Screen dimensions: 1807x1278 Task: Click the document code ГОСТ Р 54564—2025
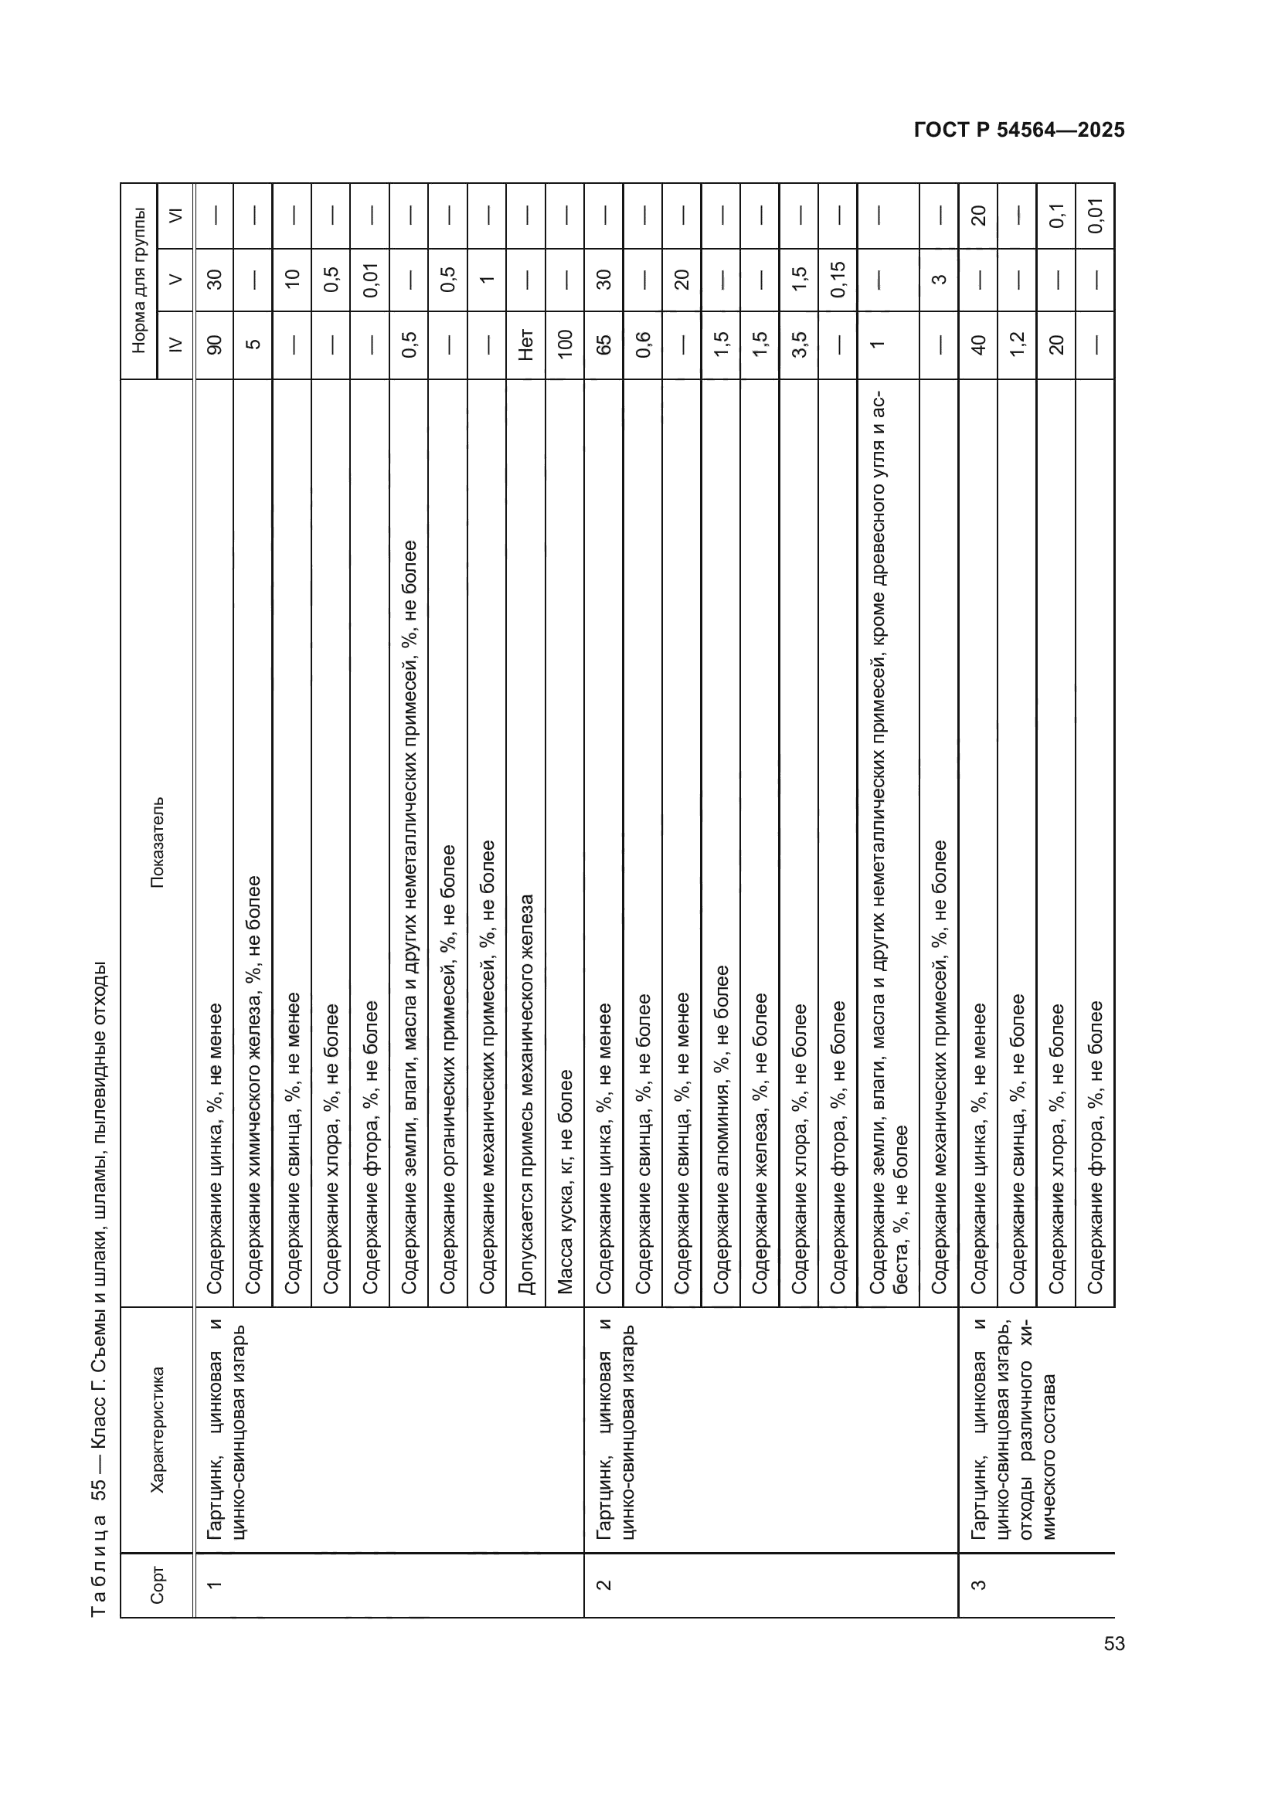(x=1019, y=131)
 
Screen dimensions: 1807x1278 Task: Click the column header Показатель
(x=158, y=842)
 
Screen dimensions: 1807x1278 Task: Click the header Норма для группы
(x=139, y=280)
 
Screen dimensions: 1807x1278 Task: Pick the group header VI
(x=175, y=215)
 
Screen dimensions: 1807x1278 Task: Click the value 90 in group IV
(x=214, y=345)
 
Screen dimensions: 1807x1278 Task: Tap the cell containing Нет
(x=525, y=345)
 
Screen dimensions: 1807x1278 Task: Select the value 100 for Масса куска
(x=565, y=345)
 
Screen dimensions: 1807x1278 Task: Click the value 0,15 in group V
(x=838, y=279)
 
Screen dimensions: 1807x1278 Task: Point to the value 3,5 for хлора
(x=799, y=345)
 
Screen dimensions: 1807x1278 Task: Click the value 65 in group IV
(x=603, y=345)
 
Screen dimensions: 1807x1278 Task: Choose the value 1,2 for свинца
(x=1017, y=345)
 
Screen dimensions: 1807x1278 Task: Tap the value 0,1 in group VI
(x=1056, y=215)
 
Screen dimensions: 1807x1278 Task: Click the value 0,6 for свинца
(x=643, y=345)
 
